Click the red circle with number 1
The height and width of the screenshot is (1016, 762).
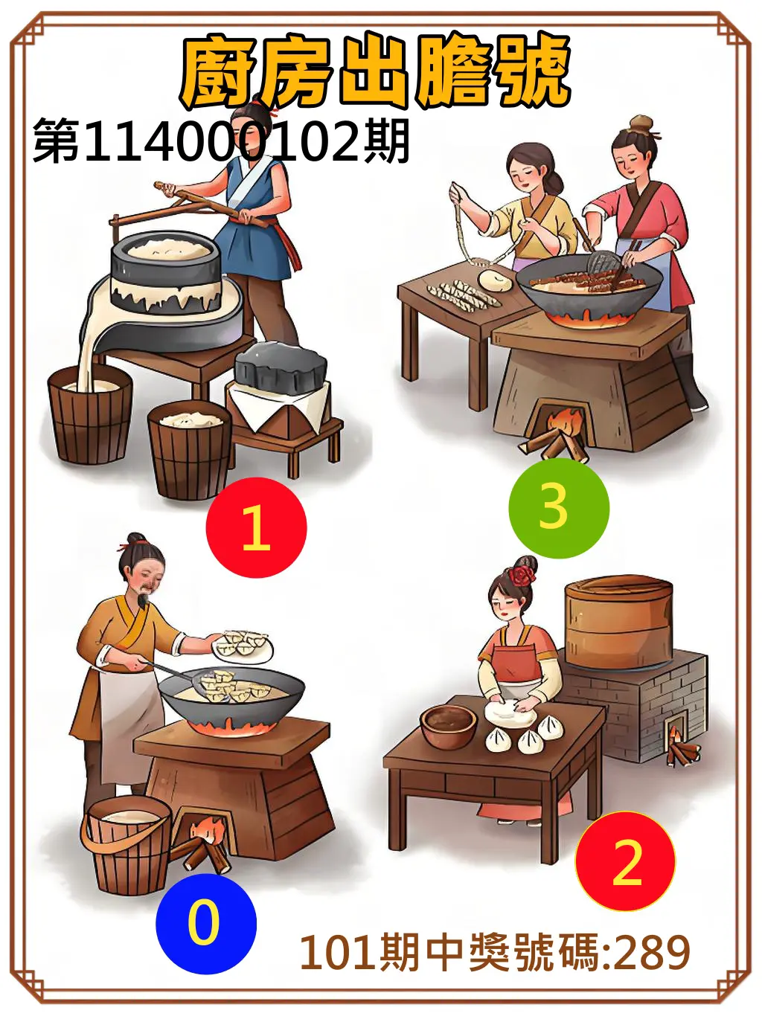256,527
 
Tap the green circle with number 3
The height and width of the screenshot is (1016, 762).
558,508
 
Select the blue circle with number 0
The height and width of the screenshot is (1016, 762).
205,923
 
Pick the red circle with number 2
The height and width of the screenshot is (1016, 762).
625,861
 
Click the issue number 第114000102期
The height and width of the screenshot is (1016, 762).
221,141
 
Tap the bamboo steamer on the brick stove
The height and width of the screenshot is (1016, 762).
618,623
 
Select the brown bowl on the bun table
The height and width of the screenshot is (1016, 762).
448,726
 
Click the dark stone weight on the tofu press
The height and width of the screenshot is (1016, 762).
282,367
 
